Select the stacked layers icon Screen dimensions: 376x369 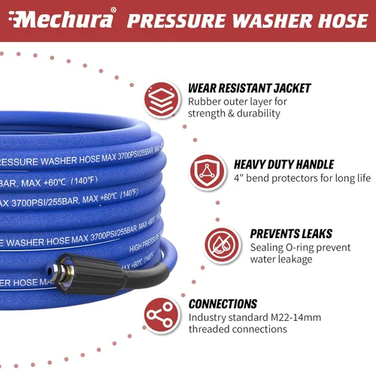click(x=162, y=99)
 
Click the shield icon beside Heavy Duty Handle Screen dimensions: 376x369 click(x=207, y=172)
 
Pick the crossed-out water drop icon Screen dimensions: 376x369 click(x=222, y=245)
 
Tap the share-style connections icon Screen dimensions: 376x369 click(x=162, y=316)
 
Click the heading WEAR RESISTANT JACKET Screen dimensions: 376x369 click(x=249, y=88)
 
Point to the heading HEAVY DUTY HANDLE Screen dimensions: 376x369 click(x=284, y=165)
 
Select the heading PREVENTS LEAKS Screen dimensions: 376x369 click(x=291, y=234)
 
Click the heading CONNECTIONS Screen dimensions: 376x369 click(x=223, y=304)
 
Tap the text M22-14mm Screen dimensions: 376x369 click(x=296, y=317)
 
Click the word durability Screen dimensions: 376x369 click(x=258, y=113)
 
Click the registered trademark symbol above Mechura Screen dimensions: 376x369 click(x=114, y=10)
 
